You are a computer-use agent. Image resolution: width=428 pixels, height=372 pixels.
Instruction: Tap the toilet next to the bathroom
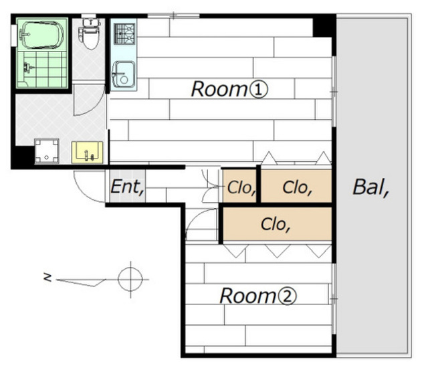pos(89,31)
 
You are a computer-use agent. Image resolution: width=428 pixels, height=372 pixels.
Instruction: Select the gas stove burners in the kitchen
pos(124,31)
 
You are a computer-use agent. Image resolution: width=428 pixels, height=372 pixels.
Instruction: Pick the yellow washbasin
pos(87,153)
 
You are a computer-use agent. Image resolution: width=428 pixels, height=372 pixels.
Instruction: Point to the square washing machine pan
pos(47,151)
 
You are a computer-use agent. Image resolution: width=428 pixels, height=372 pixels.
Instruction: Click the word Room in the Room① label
pos(219,89)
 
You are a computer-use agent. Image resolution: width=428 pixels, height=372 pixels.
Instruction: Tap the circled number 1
pos(259,90)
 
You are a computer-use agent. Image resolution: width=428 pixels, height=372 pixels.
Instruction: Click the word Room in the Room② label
pos(247,295)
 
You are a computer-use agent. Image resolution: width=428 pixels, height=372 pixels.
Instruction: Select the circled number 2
pos(288,296)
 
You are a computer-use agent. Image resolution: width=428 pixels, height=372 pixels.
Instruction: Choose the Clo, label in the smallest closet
pos(241,188)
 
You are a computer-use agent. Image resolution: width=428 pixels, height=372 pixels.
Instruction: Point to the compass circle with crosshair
pos(130,279)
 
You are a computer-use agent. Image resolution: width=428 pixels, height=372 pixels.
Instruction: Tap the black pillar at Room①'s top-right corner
pos(324,25)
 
